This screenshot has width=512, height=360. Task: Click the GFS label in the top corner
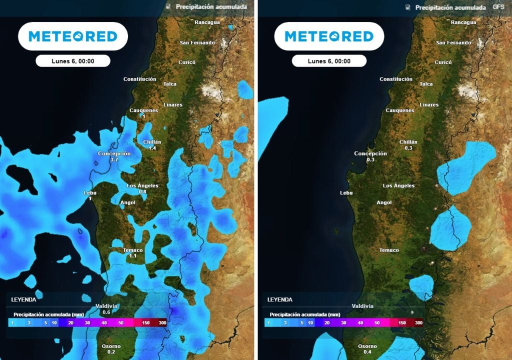498,7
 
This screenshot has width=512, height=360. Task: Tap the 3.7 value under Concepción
114,159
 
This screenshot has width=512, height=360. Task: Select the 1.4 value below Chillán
152,148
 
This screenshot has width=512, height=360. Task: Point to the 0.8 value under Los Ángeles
142,191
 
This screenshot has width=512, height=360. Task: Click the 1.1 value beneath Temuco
132,256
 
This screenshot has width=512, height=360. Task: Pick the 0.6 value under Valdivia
106,312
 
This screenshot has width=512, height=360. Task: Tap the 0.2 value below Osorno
111,352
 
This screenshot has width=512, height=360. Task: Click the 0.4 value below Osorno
367,352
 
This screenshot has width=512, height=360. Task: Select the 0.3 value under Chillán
408,148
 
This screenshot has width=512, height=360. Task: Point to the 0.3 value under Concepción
370,159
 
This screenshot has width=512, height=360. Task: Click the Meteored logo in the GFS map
329,36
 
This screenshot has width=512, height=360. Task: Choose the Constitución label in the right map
396,79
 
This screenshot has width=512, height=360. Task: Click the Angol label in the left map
128,202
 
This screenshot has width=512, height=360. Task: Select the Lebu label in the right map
346,192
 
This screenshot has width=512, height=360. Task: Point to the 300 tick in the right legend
418,323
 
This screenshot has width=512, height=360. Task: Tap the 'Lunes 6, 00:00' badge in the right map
329,61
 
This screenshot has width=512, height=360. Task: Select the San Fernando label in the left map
197,42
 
